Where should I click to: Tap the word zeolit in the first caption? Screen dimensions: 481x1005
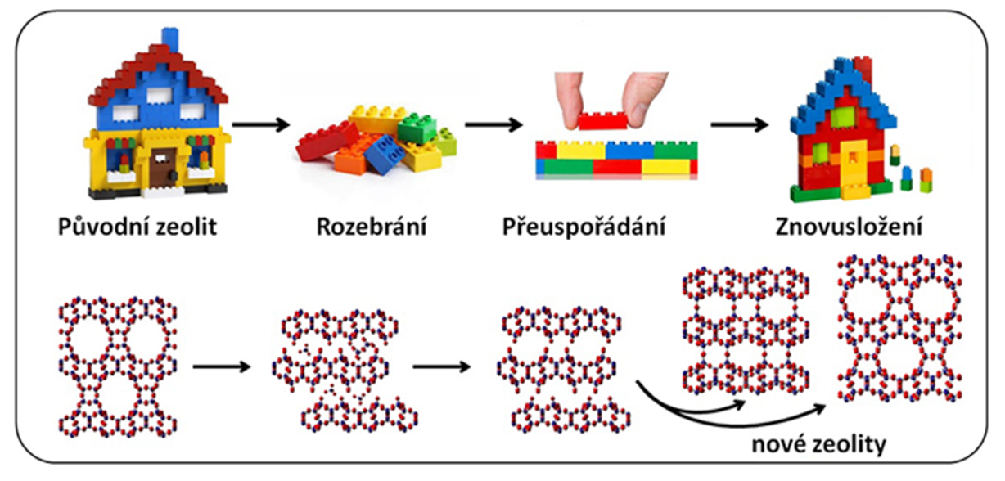click(184, 226)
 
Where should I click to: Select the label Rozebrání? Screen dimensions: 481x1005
click(372, 226)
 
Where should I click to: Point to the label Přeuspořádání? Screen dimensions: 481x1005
click(584, 226)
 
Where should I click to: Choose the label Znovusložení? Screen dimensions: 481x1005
click(847, 226)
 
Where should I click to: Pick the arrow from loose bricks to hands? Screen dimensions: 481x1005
click(493, 125)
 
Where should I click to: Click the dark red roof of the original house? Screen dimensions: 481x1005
click(155, 70)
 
